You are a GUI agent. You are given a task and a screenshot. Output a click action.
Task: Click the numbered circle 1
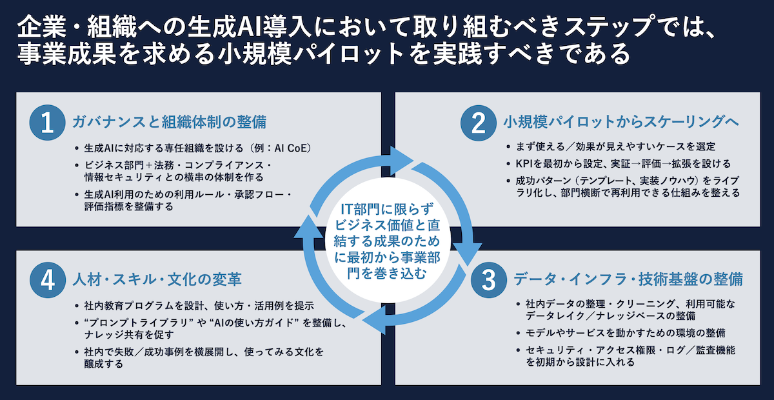[47, 124]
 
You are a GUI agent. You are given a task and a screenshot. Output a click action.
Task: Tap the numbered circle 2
[478, 124]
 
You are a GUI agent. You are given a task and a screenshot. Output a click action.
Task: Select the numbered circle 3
[489, 280]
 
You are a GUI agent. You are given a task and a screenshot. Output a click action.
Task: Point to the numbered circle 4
[47, 280]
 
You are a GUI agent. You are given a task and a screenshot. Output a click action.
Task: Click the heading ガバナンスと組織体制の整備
[169, 122]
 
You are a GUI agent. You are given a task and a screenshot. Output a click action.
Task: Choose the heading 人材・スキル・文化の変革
[157, 279]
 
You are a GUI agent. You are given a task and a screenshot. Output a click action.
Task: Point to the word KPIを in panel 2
[522, 163]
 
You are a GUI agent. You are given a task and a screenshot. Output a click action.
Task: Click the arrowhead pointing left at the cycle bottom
[366, 320]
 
